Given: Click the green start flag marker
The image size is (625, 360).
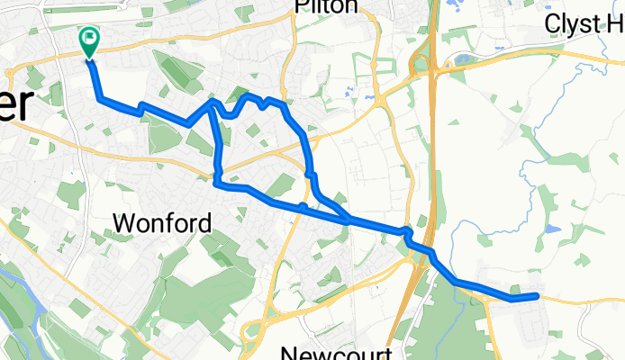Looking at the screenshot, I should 89,40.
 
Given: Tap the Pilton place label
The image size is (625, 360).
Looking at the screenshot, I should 325,7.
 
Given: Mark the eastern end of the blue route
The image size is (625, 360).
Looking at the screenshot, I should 537,295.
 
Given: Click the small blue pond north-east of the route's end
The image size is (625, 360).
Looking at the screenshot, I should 552,229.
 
